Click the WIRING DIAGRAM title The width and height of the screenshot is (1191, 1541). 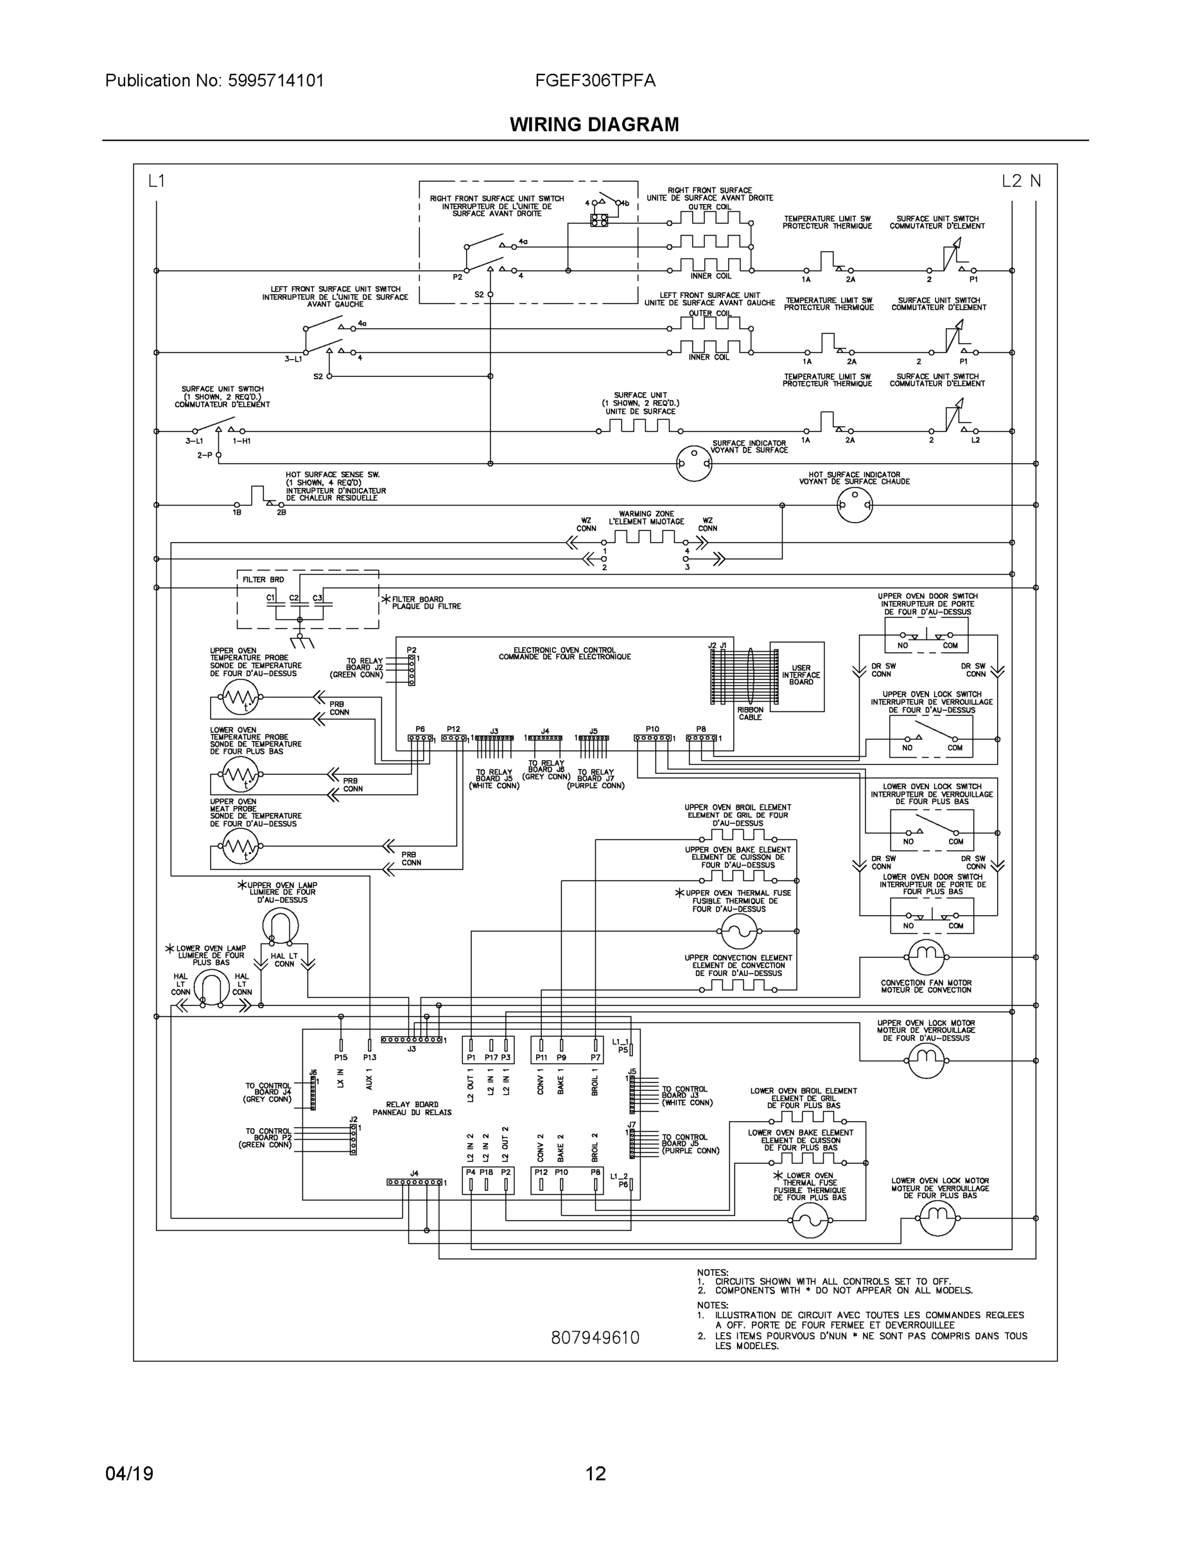point(594,125)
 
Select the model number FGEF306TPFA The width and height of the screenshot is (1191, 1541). point(595,81)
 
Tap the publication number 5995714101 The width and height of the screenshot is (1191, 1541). point(276,81)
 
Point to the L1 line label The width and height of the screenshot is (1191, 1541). point(156,181)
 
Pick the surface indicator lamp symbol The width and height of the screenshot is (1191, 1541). point(693,464)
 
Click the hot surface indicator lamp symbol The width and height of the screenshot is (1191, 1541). point(855,505)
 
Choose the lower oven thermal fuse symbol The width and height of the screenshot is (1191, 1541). point(810,1220)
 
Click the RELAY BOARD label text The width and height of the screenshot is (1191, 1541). point(412,1108)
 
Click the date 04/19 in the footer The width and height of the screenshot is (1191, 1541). point(129,1474)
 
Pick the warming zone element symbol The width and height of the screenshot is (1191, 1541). point(644,537)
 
